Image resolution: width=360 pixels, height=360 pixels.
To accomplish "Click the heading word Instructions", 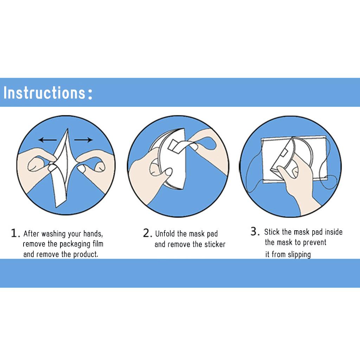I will (44, 93).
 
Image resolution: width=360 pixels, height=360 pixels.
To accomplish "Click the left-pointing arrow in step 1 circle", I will (47, 140).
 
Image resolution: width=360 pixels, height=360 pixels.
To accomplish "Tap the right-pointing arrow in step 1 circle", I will (84, 140).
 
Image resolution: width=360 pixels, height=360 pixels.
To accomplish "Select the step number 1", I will (14, 233).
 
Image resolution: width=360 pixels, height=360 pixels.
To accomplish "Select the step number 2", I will (147, 233).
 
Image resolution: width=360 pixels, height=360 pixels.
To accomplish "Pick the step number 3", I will (254, 231).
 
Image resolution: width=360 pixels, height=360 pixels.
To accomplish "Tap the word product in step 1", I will (85, 254).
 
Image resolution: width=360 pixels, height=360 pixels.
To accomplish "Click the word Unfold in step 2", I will (165, 234).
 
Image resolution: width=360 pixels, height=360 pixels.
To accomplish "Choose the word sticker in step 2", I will (213, 244).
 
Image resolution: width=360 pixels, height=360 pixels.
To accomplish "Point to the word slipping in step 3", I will (299, 255).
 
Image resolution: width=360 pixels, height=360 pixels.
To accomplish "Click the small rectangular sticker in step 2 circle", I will (174, 144).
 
